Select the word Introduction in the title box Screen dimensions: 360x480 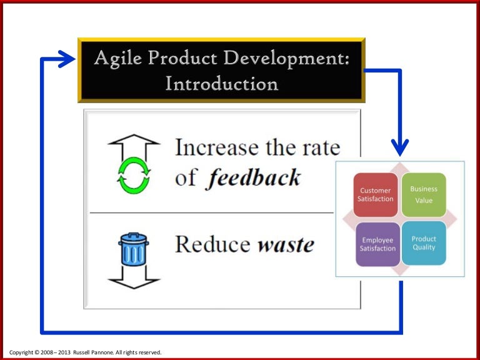click(x=222, y=83)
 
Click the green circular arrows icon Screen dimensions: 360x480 click(x=134, y=174)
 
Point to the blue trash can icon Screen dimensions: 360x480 click(x=134, y=250)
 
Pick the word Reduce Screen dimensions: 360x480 click(x=212, y=243)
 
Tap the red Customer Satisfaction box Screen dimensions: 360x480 click(x=376, y=194)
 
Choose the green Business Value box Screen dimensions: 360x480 click(x=424, y=194)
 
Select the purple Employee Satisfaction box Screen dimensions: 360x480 click(x=378, y=244)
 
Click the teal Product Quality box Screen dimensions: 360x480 click(x=424, y=242)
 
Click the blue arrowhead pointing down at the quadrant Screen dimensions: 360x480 click(x=400, y=147)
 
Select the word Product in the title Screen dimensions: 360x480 click(x=176, y=60)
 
